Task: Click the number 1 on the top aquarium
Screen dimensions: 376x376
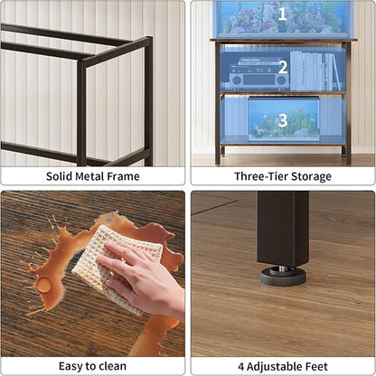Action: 282,14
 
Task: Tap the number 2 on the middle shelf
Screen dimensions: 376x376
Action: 282,67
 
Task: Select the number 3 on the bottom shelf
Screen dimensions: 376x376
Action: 282,119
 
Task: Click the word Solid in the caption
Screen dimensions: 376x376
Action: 61,176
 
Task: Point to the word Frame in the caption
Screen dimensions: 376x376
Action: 124,176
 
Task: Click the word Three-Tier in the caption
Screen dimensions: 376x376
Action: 258,176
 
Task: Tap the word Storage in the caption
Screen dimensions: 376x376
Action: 312,176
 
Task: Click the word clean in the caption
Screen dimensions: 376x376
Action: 113,367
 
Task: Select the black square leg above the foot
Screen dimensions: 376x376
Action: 282,226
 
